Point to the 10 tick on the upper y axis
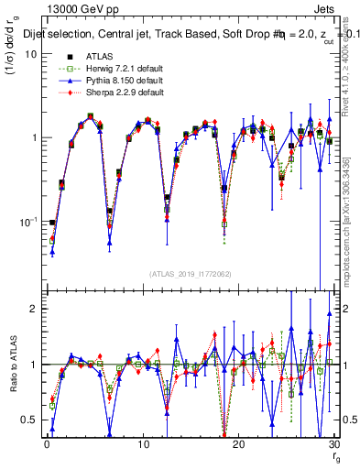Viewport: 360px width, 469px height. coord(29,53)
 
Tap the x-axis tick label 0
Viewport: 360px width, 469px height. coord(46,445)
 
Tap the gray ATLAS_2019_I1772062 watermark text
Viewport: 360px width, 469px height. coord(190,273)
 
